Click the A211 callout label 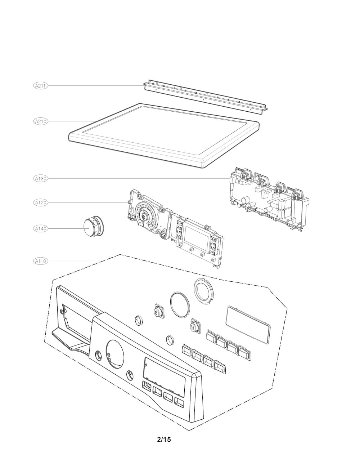coord(41,86)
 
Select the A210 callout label coord(41,121)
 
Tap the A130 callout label coord(41,178)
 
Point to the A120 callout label coord(41,203)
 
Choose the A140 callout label coord(41,228)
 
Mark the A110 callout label coord(41,261)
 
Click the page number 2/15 coord(164,440)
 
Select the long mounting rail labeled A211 coord(207,96)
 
